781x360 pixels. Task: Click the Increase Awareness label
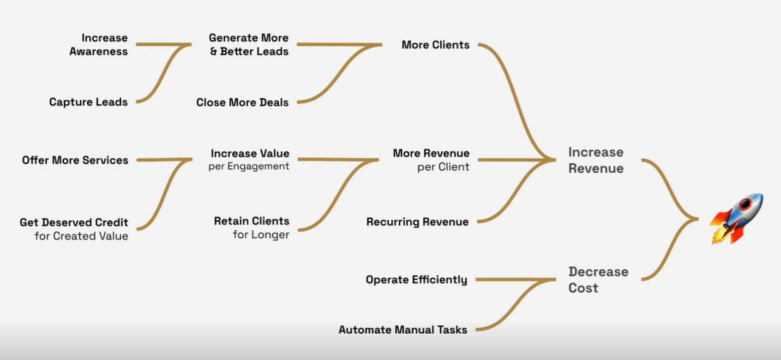99,44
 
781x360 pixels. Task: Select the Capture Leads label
88,102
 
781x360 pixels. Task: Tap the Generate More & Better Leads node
249,44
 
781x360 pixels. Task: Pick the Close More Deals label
242,102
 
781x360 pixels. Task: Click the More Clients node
435,45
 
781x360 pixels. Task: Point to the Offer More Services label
75,160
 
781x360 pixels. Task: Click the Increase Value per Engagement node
249,159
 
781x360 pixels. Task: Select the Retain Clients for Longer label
252,228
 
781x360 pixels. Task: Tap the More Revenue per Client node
431,160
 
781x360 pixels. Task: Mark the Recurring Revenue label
417,222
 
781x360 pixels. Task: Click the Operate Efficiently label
416,280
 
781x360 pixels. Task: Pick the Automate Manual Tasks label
403,330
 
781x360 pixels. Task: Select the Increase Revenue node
596,160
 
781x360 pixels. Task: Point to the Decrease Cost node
598,280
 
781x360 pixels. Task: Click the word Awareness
99,51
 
